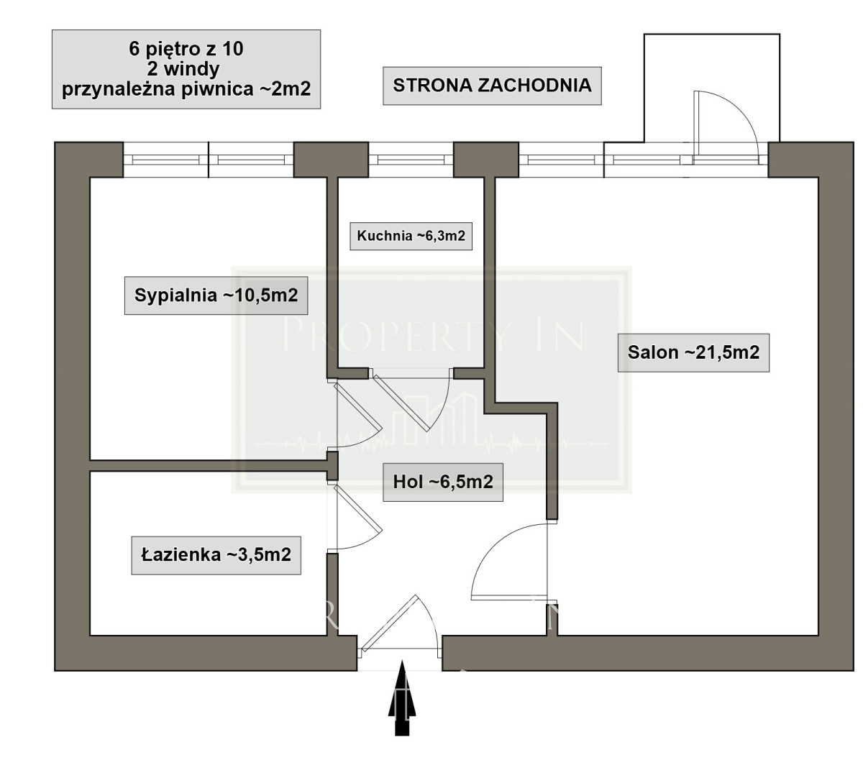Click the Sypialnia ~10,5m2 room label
pos(216,296)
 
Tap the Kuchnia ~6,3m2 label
pos(411,236)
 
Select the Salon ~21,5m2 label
pos(693,352)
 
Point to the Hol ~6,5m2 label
pos(442,482)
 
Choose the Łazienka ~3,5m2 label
pos(216,555)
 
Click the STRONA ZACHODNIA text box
pos(492,85)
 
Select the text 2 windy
pos(183,69)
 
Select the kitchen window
pos(411,160)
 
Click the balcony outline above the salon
pos(711,34)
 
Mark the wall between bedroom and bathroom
pos(209,465)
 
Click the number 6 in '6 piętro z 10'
pos(134,49)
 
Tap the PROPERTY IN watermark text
pos(432,336)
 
